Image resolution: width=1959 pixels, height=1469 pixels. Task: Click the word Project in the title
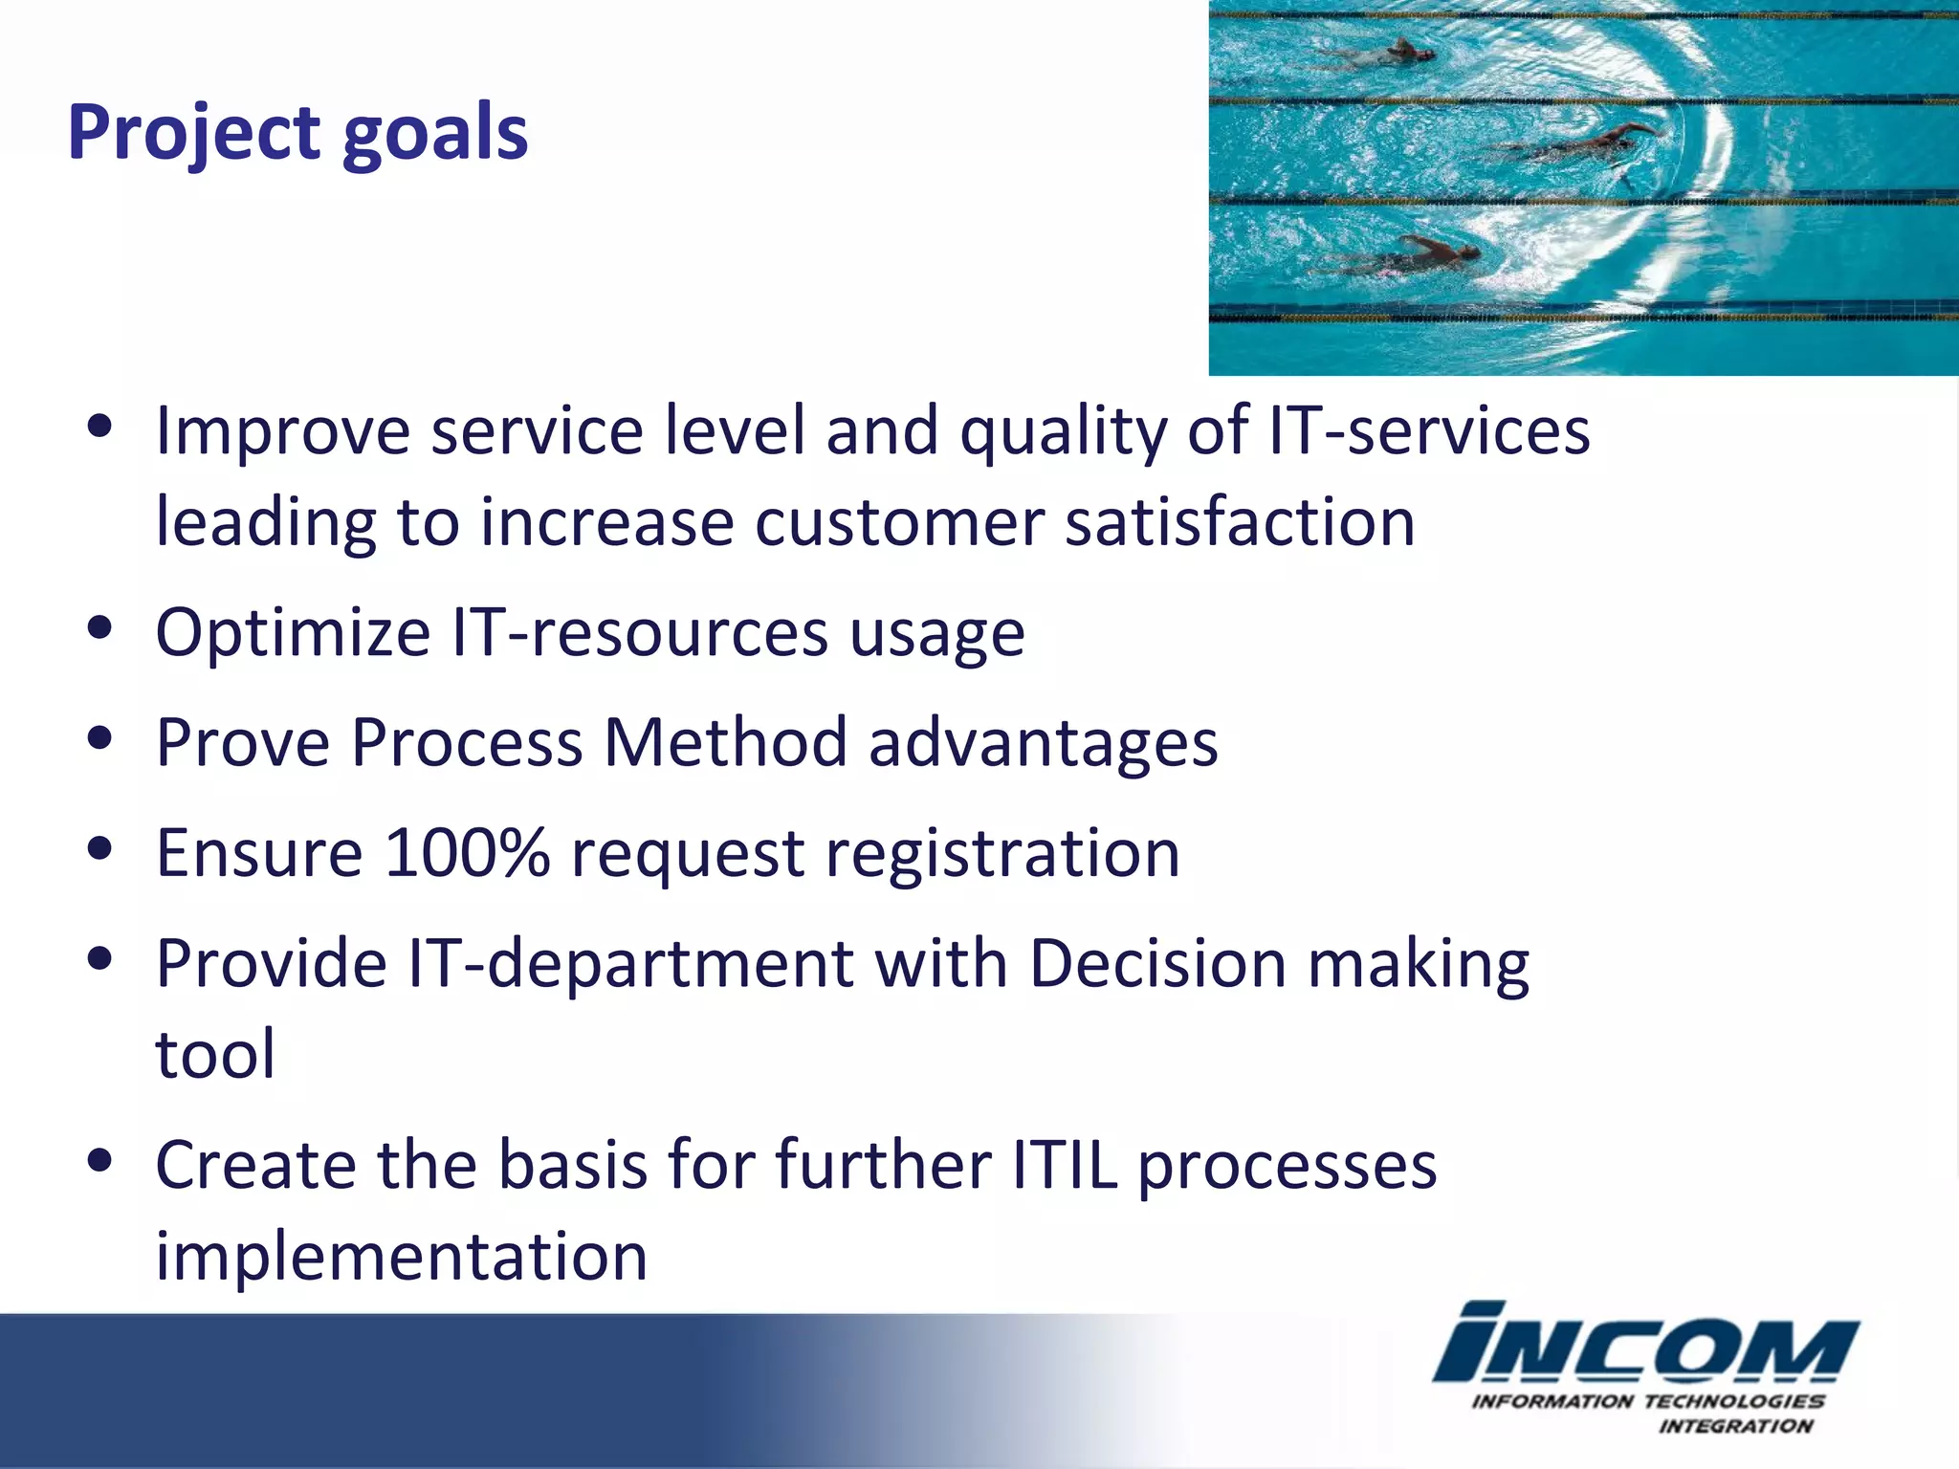coord(192,134)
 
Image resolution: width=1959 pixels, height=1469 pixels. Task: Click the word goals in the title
coord(434,134)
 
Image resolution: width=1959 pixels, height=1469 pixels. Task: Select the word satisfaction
coord(1240,523)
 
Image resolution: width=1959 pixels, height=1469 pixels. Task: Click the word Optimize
coord(293,634)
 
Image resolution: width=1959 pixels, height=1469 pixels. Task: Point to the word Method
coord(725,743)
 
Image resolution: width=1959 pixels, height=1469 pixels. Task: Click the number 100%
coord(467,852)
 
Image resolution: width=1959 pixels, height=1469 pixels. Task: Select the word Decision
coord(1157,963)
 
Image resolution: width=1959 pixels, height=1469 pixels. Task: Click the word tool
coord(215,1054)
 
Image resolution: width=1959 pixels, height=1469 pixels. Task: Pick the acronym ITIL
coord(1064,1165)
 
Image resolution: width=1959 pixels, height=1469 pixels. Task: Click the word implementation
coord(402,1257)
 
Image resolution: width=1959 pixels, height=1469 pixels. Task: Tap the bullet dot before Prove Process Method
coord(99,738)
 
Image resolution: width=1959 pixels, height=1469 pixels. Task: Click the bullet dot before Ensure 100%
coord(99,848)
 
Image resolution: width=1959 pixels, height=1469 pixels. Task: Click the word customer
coord(898,523)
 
